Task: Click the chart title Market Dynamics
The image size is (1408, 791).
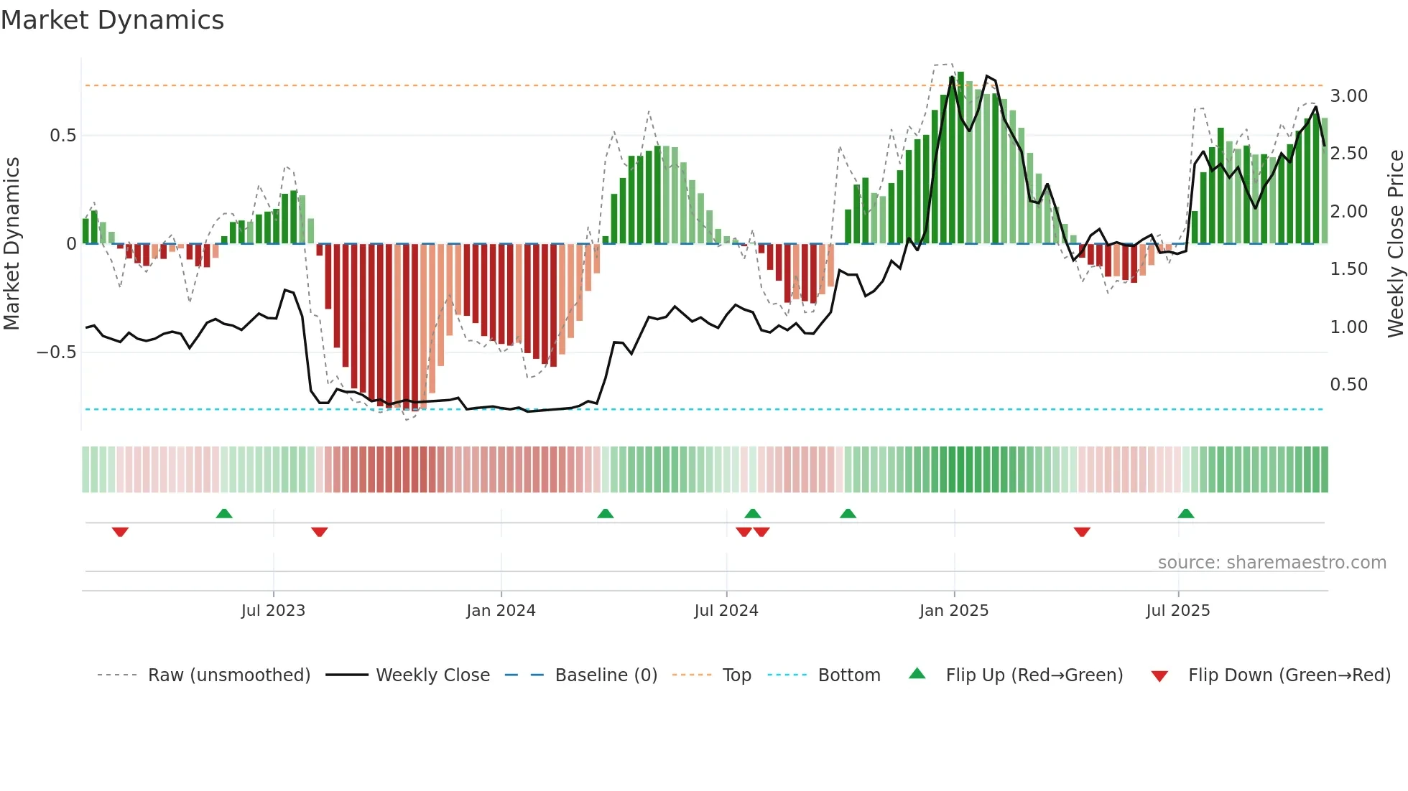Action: coord(112,20)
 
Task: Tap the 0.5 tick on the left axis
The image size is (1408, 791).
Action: coord(62,136)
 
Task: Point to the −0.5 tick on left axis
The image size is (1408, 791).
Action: coord(56,352)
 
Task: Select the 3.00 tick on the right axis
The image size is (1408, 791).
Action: coord(1348,96)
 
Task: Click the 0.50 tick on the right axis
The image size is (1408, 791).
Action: coord(1348,385)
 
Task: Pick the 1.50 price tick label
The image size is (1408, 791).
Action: coord(1348,269)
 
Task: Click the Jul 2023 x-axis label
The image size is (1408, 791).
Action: coord(273,611)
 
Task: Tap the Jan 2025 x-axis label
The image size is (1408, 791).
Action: coord(953,611)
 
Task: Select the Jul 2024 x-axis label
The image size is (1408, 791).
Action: coord(726,611)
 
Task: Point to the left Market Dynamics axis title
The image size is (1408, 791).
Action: coord(11,244)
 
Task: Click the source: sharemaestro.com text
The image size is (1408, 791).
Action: coord(1272,563)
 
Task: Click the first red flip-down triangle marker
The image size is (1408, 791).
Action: coord(120,532)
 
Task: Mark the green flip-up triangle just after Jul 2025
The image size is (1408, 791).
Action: coord(1185,513)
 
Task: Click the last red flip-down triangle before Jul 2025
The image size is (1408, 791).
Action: coord(1082,532)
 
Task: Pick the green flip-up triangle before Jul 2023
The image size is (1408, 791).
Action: coord(224,513)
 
